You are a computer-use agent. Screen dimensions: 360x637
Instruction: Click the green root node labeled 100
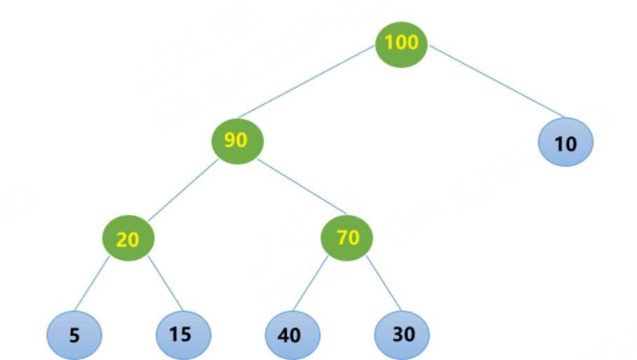tap(401, 43)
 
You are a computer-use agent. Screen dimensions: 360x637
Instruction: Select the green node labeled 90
tap(237, 141)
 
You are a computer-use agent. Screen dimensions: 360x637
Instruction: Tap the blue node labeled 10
tap(566, 143)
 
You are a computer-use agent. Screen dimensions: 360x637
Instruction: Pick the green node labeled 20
tap(127, 239)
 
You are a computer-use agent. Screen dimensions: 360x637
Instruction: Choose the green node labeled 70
tap(347, 239)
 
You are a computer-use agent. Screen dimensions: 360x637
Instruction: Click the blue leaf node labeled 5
tap(75, 335)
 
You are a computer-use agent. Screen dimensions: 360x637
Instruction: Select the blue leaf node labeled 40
tap(292, 334)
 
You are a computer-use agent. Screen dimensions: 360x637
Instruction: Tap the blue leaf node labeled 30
tap(402, 333)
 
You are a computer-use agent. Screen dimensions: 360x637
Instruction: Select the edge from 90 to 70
tap(302, 185)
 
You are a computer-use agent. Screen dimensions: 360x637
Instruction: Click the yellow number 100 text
tap(401, 43)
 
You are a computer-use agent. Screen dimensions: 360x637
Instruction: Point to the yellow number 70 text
tap(347, 238)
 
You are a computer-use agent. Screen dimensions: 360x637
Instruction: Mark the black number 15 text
tap(181, 334)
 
